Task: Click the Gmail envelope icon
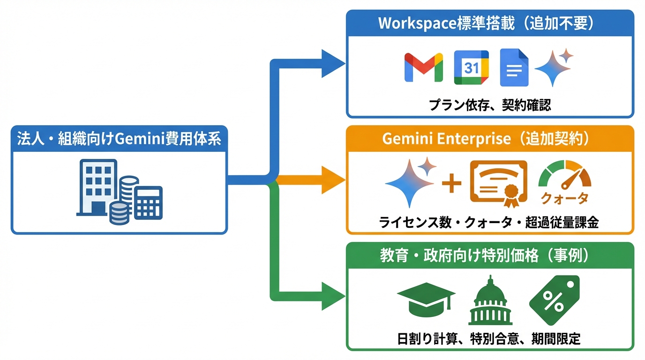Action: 424,67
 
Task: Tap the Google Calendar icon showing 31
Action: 471,67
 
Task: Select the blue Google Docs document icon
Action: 514,67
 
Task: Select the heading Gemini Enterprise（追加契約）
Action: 490,139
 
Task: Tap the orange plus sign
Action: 452,183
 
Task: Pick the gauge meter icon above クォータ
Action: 564,175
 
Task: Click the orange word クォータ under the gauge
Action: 564,199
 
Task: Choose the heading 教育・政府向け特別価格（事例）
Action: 490,256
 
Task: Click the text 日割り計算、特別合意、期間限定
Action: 490,338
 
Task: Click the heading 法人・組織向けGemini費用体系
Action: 119,139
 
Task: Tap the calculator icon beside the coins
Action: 148,202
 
